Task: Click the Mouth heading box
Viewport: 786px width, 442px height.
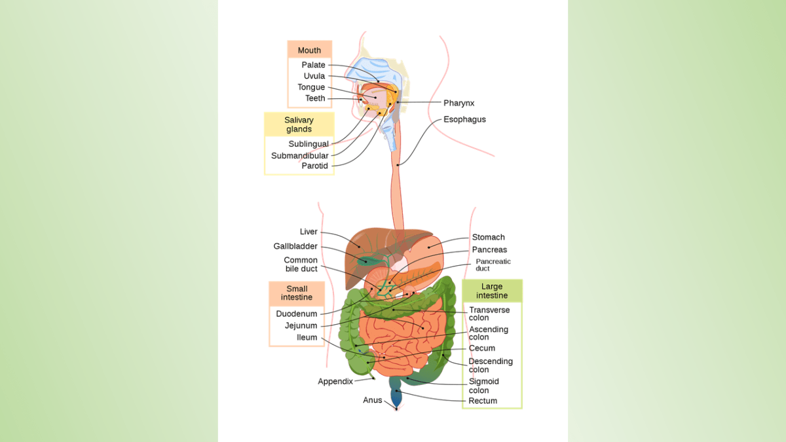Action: pos(309,50)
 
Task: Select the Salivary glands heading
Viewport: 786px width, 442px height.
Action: pos(299,124)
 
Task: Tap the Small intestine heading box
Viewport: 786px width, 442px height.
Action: pos(297,293)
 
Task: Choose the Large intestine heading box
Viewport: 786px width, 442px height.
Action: pos(492,291)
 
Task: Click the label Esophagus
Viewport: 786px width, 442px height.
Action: pos(464,120)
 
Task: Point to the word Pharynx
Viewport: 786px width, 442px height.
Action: pos(458,103)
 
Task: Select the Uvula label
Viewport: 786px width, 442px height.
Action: pos(314,76)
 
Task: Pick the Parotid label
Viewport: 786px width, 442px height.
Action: pos(314,166)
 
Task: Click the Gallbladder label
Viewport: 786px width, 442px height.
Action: pos(295,246)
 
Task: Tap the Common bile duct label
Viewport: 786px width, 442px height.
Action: pos(301,265)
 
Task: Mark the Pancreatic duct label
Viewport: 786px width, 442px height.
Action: pos(493,265)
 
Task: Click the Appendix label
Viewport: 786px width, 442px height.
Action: pos(335,381)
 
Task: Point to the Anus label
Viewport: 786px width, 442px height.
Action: pos(372,400)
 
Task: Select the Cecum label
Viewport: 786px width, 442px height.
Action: pos(481,348)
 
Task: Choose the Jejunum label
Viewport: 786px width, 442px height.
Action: pos(301,325)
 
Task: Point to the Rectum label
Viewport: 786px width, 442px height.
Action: pos(483,401)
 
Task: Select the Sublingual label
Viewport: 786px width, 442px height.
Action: pos(309,144)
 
